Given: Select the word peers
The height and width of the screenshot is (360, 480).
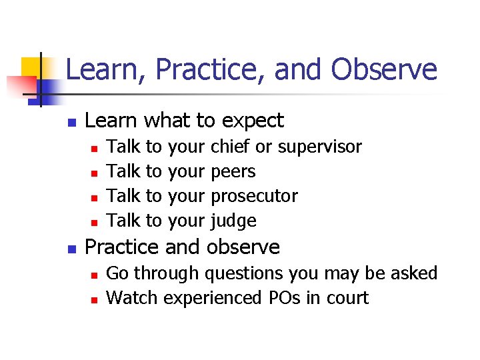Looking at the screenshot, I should (233, 172).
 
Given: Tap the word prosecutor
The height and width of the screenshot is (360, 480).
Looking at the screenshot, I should (254, 197).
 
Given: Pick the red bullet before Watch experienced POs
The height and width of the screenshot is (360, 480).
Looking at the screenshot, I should (95, 299).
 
